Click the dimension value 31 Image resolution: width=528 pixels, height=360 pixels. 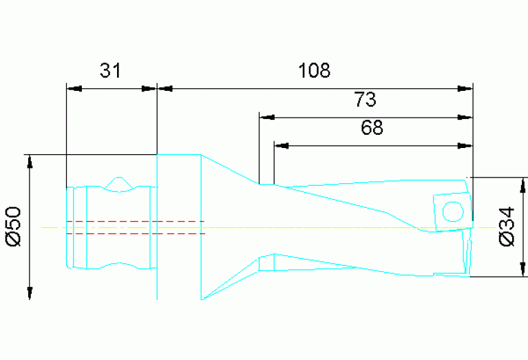pos(110,70)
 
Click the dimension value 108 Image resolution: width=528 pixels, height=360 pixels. pos(314,70)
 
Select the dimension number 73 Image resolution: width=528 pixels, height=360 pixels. pos(366,100)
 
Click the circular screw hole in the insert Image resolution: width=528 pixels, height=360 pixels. pos(452,211)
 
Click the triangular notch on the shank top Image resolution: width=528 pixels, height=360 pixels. pos(118,183)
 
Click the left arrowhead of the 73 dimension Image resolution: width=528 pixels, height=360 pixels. pos(265,117)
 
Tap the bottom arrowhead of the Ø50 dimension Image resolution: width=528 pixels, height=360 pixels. pos(30,293)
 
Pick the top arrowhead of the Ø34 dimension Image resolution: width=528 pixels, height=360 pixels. pos(524,184)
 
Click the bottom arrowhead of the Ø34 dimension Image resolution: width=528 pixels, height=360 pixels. pos(524,270)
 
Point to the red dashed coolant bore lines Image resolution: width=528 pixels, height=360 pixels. pos(138,227)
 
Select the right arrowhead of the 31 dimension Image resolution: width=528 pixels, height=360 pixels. pos(149,88)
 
